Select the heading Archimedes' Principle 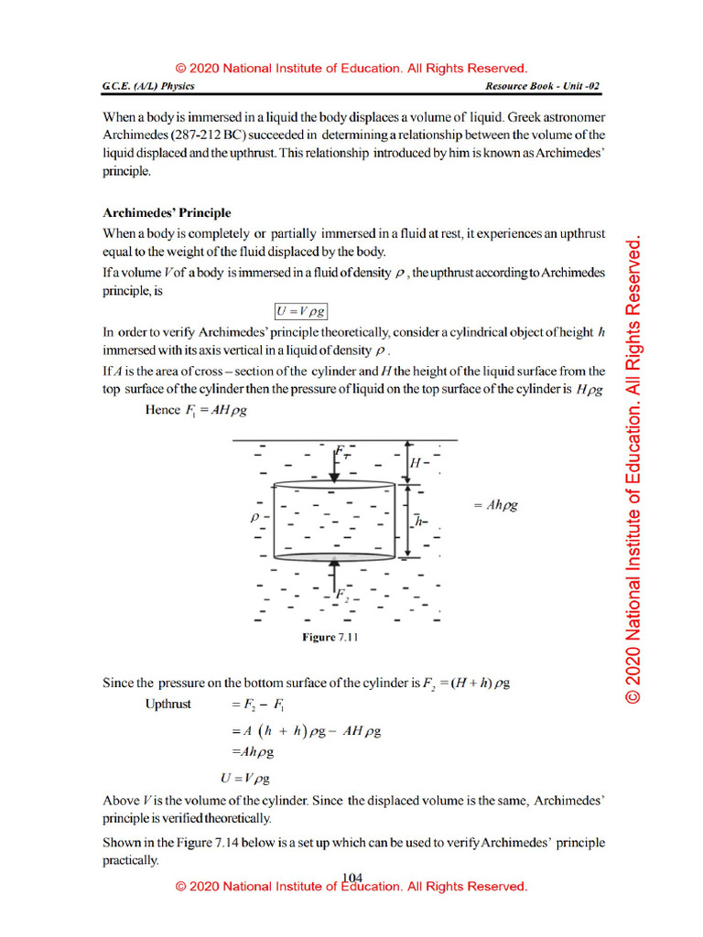[x=166, y=213]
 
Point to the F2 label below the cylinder [x=341, y=596]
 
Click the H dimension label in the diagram [x=415, y=463]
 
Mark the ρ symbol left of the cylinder [x=255, y=517]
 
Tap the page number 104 [x=351, y=878]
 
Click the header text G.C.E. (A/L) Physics [x=148, y=86]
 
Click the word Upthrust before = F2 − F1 [x=168, y=705]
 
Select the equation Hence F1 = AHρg [x=196, y=411]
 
